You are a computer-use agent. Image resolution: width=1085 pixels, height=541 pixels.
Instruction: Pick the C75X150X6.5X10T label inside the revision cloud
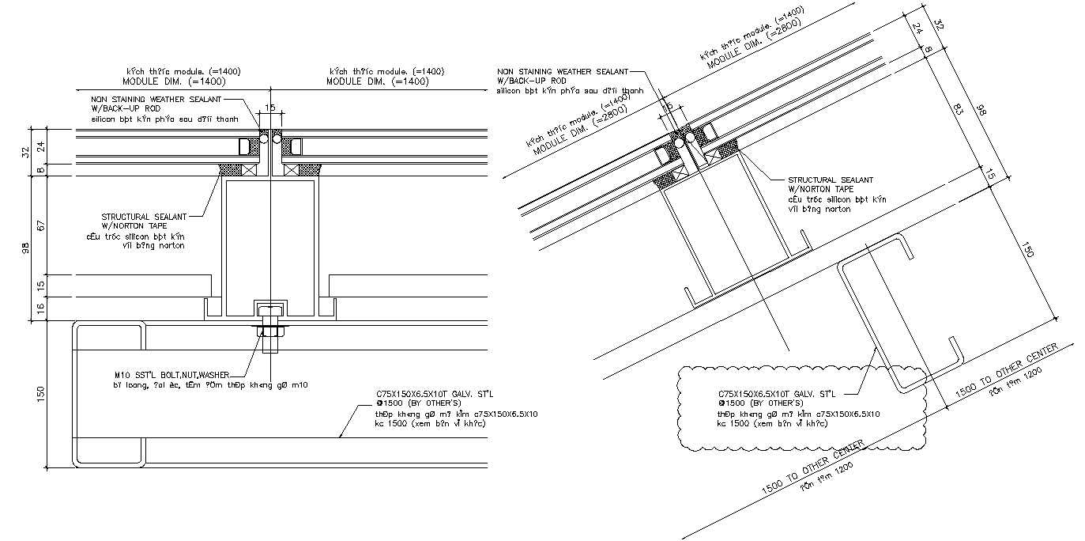click(x=778, y=394)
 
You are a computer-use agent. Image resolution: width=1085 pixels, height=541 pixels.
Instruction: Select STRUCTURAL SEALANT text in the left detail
click(x=144, y=217)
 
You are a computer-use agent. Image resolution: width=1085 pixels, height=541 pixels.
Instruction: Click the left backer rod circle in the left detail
click(x=263, y=139)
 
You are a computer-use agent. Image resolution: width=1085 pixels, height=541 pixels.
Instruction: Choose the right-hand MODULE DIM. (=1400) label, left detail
click(x=378, y=81)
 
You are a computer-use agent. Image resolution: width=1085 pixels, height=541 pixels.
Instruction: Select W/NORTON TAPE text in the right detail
click(x=820, y=189)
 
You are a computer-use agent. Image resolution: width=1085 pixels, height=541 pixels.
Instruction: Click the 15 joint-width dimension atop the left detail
click(x=270, y=108)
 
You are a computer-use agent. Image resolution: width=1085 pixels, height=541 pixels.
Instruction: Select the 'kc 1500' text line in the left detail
click(x=430, y=423)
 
